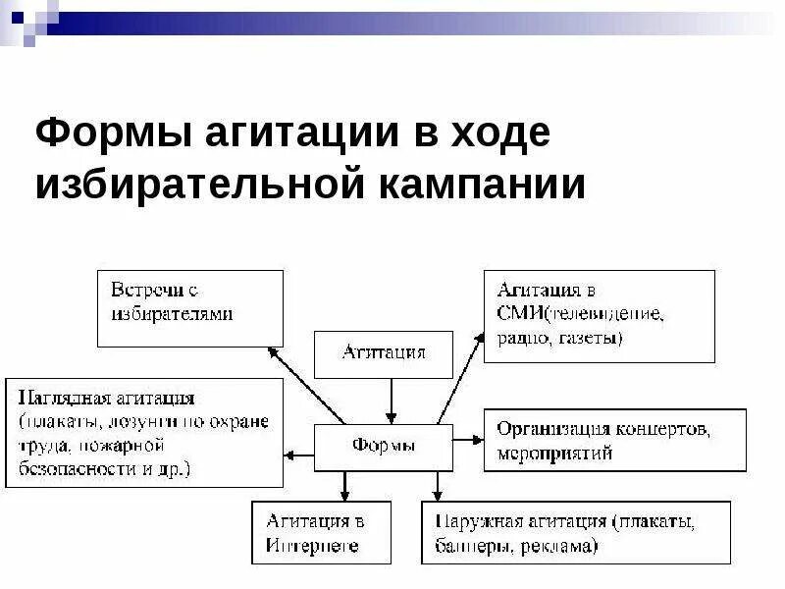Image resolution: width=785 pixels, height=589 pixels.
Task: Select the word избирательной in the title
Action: pos(199,185)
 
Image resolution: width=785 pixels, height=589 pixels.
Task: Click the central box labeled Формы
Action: pos(383,447)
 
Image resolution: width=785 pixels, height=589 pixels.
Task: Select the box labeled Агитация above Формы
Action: pos(383,353)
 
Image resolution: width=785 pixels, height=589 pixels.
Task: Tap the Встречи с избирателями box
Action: pos(189,307)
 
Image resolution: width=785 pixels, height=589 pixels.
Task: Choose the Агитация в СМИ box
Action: pos(599,316)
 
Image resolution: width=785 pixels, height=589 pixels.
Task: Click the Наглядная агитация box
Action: pos(144,432)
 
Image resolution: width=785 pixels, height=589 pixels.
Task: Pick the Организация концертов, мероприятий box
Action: pos(615,441)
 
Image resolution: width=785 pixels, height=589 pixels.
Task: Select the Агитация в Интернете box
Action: pos(321,533)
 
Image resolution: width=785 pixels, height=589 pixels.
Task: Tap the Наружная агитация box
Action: pos(575,533)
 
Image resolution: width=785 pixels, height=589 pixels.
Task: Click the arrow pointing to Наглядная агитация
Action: pos(299,454)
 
